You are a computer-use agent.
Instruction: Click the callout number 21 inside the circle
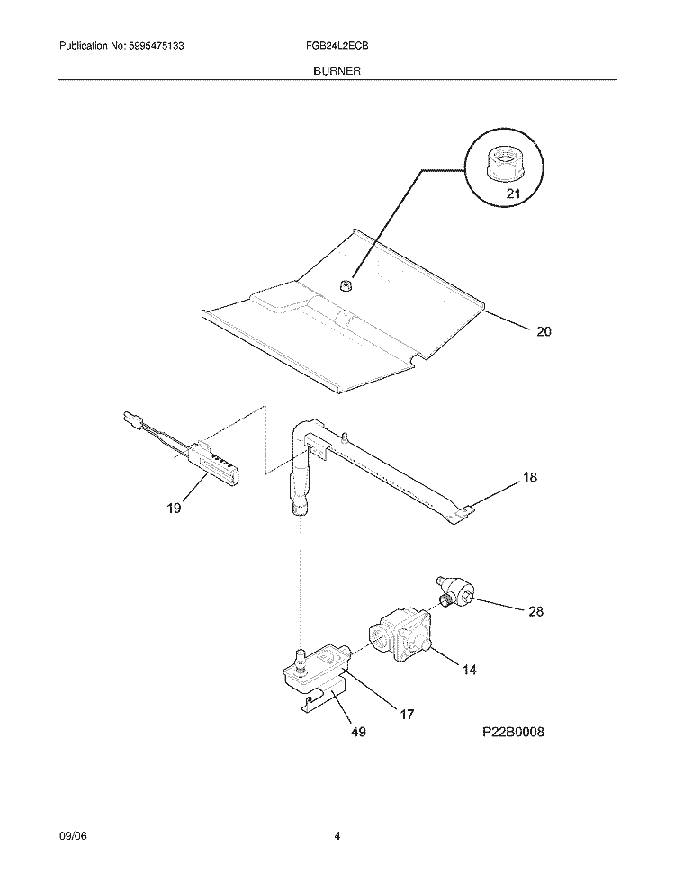(x=513, y=194)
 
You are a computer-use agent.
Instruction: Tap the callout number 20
(x=544, y=331)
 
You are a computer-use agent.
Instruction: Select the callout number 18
(x=529, y=477)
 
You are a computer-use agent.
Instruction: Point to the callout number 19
(x=174, y=509)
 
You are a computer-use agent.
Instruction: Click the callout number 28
(x=535, y=611)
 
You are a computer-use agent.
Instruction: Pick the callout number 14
(x=469, y=670)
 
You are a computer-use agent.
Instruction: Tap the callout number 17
(x=407, y=714)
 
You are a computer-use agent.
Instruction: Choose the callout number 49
(x=358, y=732)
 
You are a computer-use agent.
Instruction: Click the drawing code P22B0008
(x=513, y=732)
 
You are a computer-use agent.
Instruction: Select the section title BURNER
(x=337, y=71)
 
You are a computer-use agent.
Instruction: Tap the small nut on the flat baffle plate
(x=346, y=286)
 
